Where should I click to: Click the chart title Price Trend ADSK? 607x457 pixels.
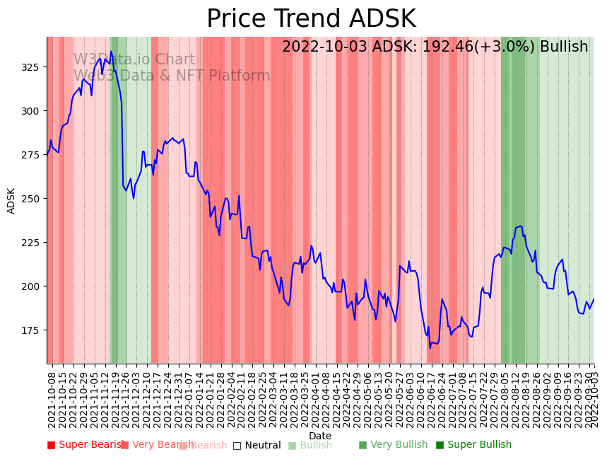point(311,19)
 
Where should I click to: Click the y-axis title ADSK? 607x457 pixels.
point(11,200)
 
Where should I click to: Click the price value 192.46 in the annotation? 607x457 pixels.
point(442,47)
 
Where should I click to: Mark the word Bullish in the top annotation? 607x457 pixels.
point(564,47)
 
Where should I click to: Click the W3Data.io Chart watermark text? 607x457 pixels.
point(134,60)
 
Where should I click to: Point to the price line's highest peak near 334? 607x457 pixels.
point(111,52)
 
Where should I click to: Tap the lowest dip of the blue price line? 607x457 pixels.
point(430,347)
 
